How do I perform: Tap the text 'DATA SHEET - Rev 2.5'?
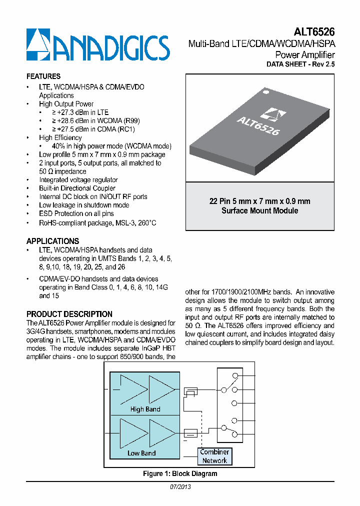pyautogui.click(x=300, y=64)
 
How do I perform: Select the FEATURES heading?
pyautogui.click(x=43, y=76)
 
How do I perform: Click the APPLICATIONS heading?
pyautogui.click(x=52, y=241)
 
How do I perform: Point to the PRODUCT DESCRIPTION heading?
pyautogui.click(x=69, y=314)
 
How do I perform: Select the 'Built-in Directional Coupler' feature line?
pyautogui.click(x=77, y=188)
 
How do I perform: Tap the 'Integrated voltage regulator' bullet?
pyautogui.click(x=78, y=179)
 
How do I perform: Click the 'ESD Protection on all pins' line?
pyautogui.click(x=76, y=213)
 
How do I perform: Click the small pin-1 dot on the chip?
pyautogui.click(x=266, y=92)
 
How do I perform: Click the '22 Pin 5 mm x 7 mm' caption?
pyautogui.click(x=259, y=201)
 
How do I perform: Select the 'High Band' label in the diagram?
pyautogui.click(x=145, y=409)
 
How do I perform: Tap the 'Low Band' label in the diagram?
pyautogui.click(x=141, y=453)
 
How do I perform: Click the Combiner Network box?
pyautogui.click(x=214, y=456)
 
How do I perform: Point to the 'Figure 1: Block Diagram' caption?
pyautogui.click(x=180, y=473)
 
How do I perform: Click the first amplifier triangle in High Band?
pyautogui.click(x=132, y=389)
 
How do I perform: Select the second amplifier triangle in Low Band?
pyautogui.click(x=161, y=432)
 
